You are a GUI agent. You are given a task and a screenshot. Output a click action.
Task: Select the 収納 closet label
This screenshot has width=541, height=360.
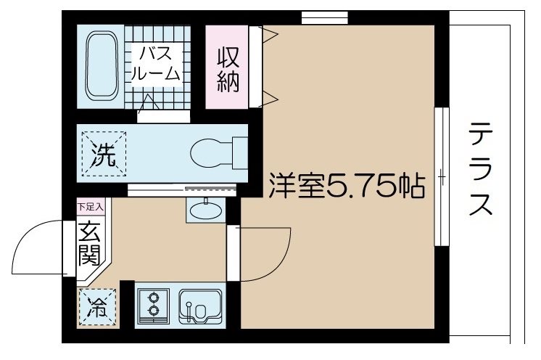(226, 67)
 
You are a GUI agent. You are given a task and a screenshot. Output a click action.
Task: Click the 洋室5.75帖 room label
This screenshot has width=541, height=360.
(346, 187)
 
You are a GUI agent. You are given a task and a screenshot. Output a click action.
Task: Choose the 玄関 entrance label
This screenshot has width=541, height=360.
(91, 243)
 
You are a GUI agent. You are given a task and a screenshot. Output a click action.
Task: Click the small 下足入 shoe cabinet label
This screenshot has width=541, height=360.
(91, 207)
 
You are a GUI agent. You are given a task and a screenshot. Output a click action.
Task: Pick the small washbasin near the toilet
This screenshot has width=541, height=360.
(206, 209)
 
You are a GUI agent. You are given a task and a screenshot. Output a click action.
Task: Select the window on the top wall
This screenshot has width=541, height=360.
(324, 17)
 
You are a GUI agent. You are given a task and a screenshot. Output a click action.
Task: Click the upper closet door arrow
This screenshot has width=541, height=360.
(268, 33)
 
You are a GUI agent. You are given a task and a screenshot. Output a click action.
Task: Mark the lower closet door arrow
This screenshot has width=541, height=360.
(268, 99)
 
